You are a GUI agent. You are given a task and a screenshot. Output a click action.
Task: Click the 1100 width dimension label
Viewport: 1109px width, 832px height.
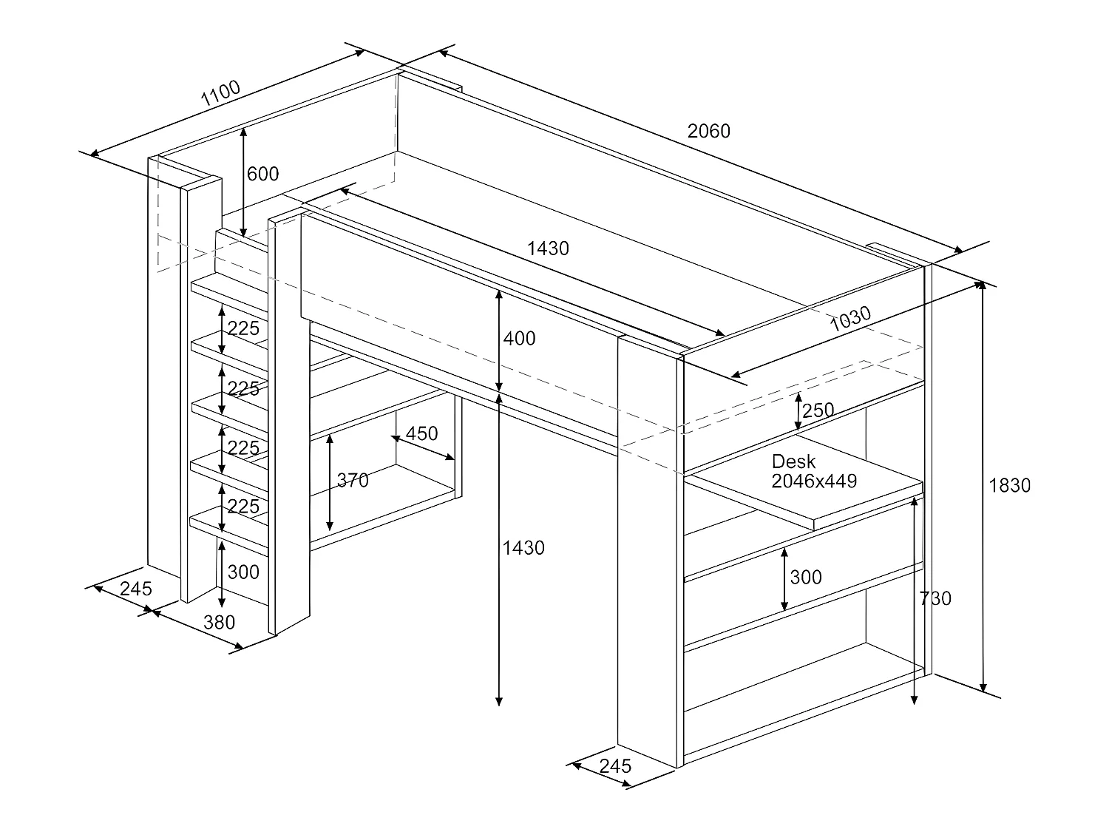220,93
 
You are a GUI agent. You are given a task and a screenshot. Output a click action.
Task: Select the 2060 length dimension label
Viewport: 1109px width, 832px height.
708,132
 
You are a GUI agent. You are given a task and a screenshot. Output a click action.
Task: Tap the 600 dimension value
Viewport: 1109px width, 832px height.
262,174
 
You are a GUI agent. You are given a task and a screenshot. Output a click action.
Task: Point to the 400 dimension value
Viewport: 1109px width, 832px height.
519,339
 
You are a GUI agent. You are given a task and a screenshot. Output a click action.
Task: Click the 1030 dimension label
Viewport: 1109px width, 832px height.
850,319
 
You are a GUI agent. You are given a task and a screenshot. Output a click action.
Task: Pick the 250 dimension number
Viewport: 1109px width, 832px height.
818,410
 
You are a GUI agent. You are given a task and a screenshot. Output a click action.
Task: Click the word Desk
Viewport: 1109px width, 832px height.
793,461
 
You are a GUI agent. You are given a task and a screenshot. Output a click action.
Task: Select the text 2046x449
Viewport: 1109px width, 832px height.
814,481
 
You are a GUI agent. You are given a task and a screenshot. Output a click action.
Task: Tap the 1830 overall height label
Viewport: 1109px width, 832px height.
1009,485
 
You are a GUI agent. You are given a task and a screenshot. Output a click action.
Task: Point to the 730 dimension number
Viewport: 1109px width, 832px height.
935,598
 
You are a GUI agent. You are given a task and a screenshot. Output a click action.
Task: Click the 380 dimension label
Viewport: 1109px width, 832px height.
219,623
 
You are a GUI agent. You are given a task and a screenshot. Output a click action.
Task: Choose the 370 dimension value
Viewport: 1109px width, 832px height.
353,480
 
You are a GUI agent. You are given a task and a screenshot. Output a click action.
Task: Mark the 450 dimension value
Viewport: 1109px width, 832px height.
421,433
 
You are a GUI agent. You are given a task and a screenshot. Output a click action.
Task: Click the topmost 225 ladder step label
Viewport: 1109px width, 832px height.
243,329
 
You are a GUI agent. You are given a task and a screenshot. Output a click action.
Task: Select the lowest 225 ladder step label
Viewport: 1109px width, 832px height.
243,507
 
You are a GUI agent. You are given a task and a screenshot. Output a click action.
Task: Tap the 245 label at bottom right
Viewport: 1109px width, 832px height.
615,766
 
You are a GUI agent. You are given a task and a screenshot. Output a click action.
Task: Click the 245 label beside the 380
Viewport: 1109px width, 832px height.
136,589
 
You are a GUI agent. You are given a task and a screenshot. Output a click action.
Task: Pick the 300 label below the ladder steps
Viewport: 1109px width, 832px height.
243,572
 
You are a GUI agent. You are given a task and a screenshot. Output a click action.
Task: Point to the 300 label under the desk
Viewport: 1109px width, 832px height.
806,577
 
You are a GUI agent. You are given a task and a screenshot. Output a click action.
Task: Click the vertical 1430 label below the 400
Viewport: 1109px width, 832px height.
523,548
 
